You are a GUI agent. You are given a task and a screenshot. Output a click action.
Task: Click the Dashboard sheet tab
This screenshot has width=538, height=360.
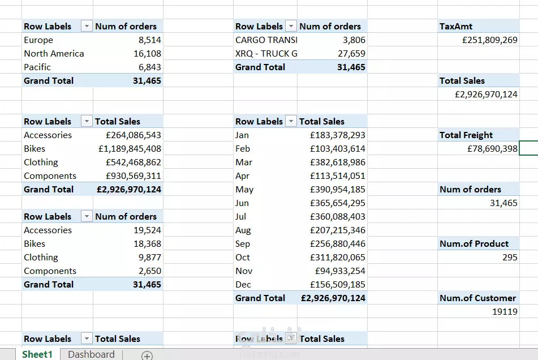[x=91, y=354]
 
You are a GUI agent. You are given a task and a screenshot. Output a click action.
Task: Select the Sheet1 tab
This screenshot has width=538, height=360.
[x=37, y=354]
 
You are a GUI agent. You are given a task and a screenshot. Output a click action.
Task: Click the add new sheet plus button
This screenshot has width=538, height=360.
[x=147, y=355]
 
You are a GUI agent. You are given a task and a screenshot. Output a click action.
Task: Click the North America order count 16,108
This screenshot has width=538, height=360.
[x=147, y=54]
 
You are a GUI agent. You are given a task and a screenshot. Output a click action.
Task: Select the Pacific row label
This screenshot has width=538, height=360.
[x=37, y=67]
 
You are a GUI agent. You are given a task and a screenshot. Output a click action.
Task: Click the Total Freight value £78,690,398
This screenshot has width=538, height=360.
[x=492, y=149]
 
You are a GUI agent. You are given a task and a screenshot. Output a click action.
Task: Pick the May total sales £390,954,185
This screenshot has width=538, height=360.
[x=338, y=190]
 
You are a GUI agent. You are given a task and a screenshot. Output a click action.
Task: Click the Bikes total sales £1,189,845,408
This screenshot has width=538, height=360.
[x=130, y=149]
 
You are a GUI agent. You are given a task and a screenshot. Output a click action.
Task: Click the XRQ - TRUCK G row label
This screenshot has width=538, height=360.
[x=266, y=54]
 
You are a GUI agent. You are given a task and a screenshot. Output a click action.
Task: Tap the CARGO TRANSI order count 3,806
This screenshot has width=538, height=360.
[x=354, y=40]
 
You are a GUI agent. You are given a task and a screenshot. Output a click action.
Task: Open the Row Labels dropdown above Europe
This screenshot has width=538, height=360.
[x=87, y=27]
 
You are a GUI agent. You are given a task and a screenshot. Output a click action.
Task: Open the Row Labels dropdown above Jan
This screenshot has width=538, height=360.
[x=291, y=122]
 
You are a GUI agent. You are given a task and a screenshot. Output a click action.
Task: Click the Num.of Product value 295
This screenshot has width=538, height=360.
[x=510, y=258]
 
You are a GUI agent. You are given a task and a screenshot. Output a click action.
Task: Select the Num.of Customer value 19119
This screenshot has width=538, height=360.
[x=505, y=312]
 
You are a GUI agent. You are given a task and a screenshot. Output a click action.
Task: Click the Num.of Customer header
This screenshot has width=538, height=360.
[x=477, y=298]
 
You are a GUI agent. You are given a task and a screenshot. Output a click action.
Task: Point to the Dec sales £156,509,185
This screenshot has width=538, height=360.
[x=338, y=285]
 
